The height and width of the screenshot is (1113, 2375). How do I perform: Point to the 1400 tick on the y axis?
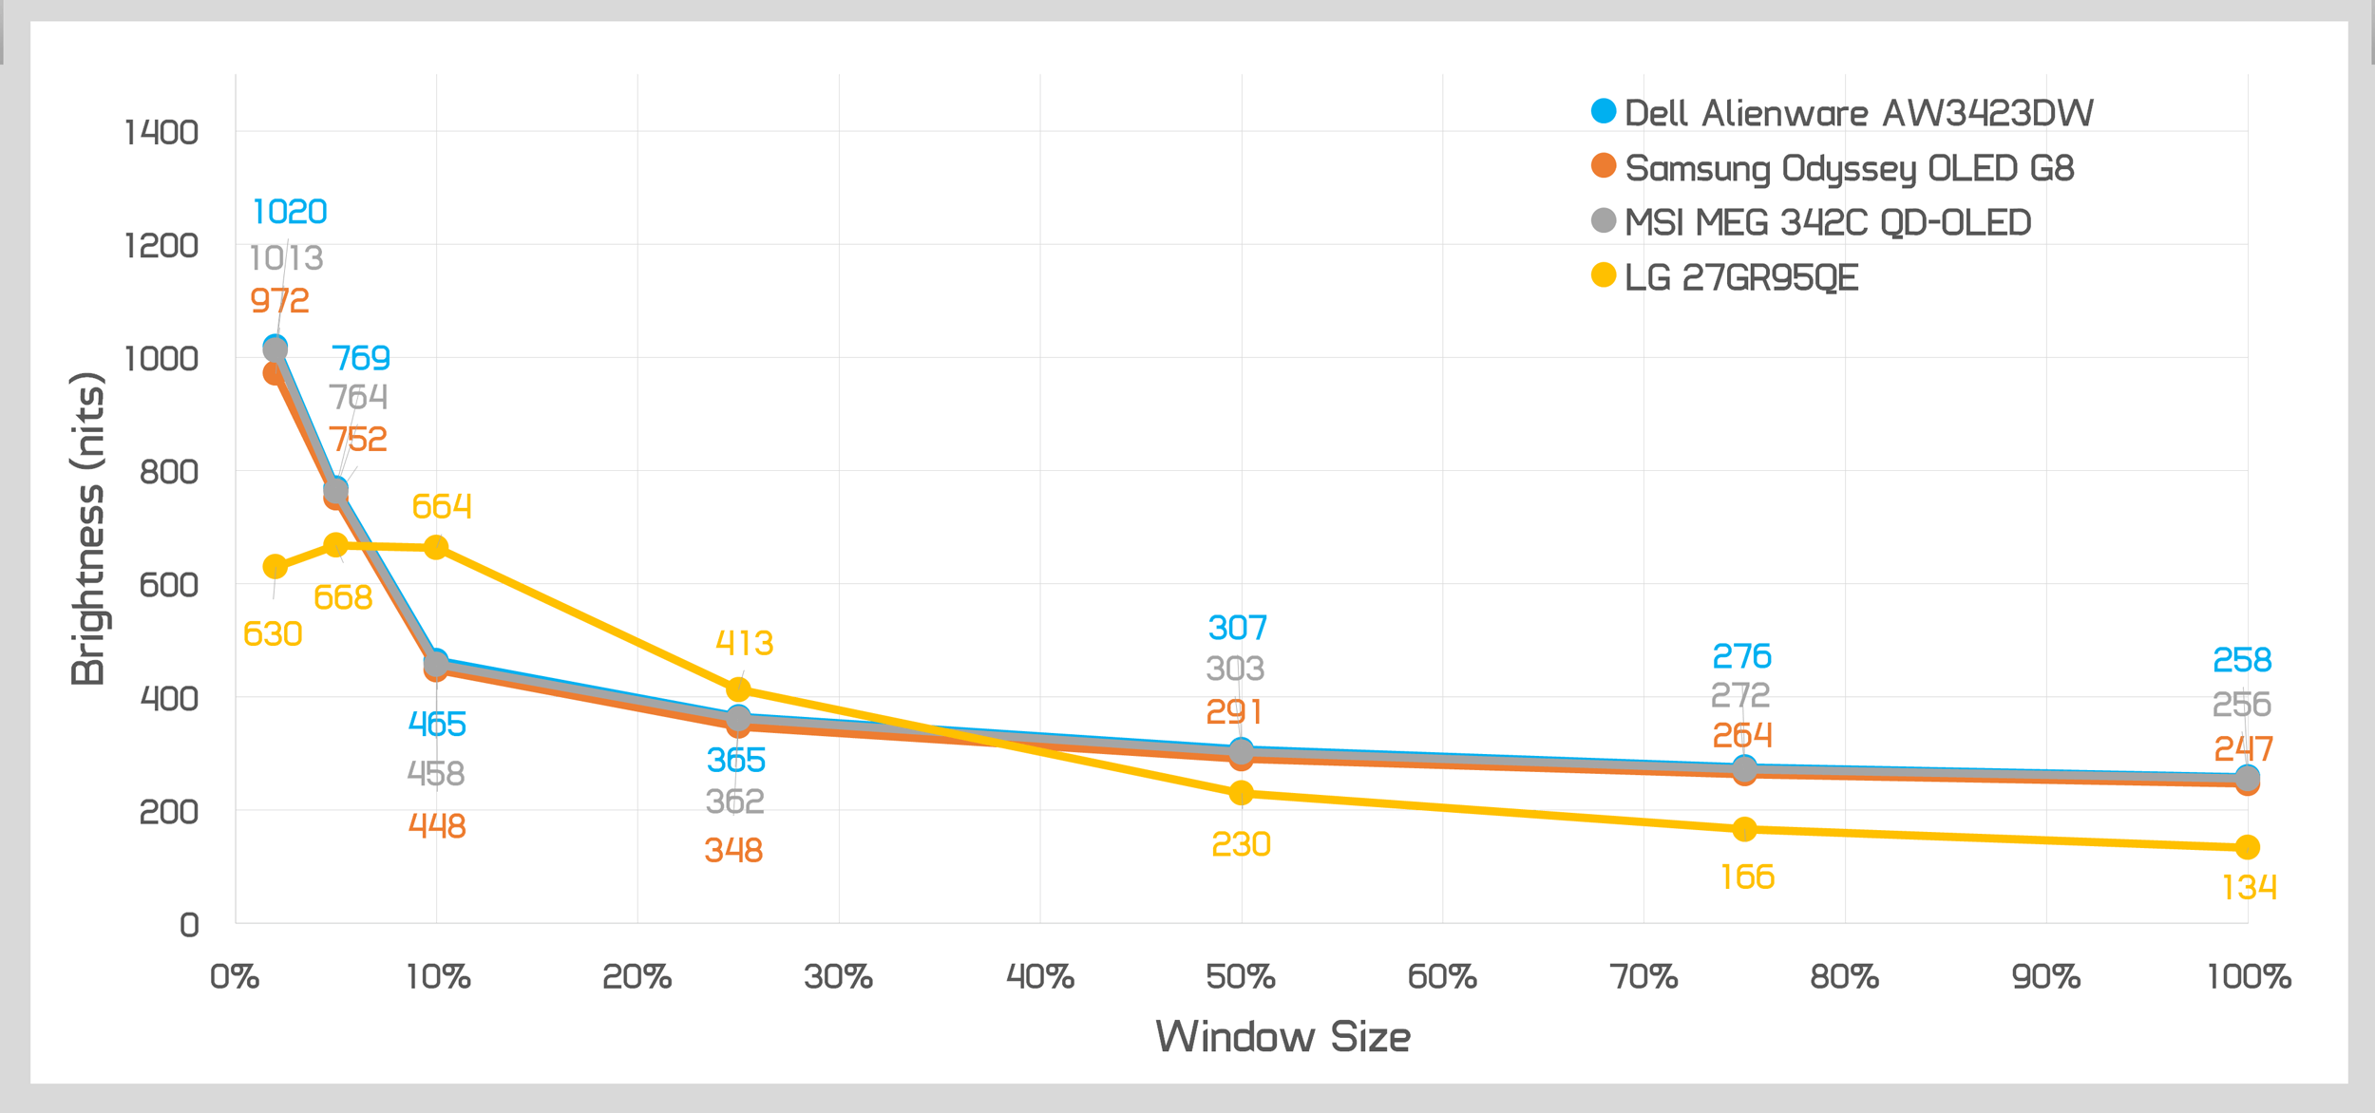(x=161, y=132)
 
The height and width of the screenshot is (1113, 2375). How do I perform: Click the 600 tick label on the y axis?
(x=168, y=584)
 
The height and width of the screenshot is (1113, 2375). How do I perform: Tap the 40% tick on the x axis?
(x=1040, y=977)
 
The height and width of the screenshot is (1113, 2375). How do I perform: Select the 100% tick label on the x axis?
(x=2249, y=977)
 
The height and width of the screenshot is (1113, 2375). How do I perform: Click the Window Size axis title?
(x=1282, y=1036)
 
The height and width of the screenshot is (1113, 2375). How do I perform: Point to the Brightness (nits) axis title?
(x=87, y=528)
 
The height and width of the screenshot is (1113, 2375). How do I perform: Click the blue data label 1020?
(x=290, y=212)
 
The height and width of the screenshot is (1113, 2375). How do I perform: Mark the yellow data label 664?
(x=442, y=506)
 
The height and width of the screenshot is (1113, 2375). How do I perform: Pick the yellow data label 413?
(x=744, y=643)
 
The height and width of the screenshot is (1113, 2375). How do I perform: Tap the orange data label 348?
(x=733, y=850)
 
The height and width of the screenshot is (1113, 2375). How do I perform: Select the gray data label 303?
(x=1235, y=669)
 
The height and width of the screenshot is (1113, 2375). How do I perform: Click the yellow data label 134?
(x=2249, y=887)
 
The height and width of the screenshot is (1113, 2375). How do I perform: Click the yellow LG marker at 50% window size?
(x=1241, y=792)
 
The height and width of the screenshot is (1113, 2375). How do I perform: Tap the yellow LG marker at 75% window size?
(x=1744, y=829)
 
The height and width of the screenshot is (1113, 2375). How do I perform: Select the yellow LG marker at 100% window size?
(x=2248, y=846)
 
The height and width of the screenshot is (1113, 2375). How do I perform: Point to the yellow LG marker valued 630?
(x=275, y=567)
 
